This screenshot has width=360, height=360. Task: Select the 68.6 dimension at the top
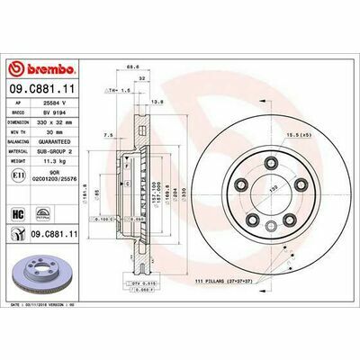(x=132, y=66)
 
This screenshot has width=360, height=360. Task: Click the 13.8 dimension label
(x=157, y=103)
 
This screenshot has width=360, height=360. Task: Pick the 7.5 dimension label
(x=108, y=135)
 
